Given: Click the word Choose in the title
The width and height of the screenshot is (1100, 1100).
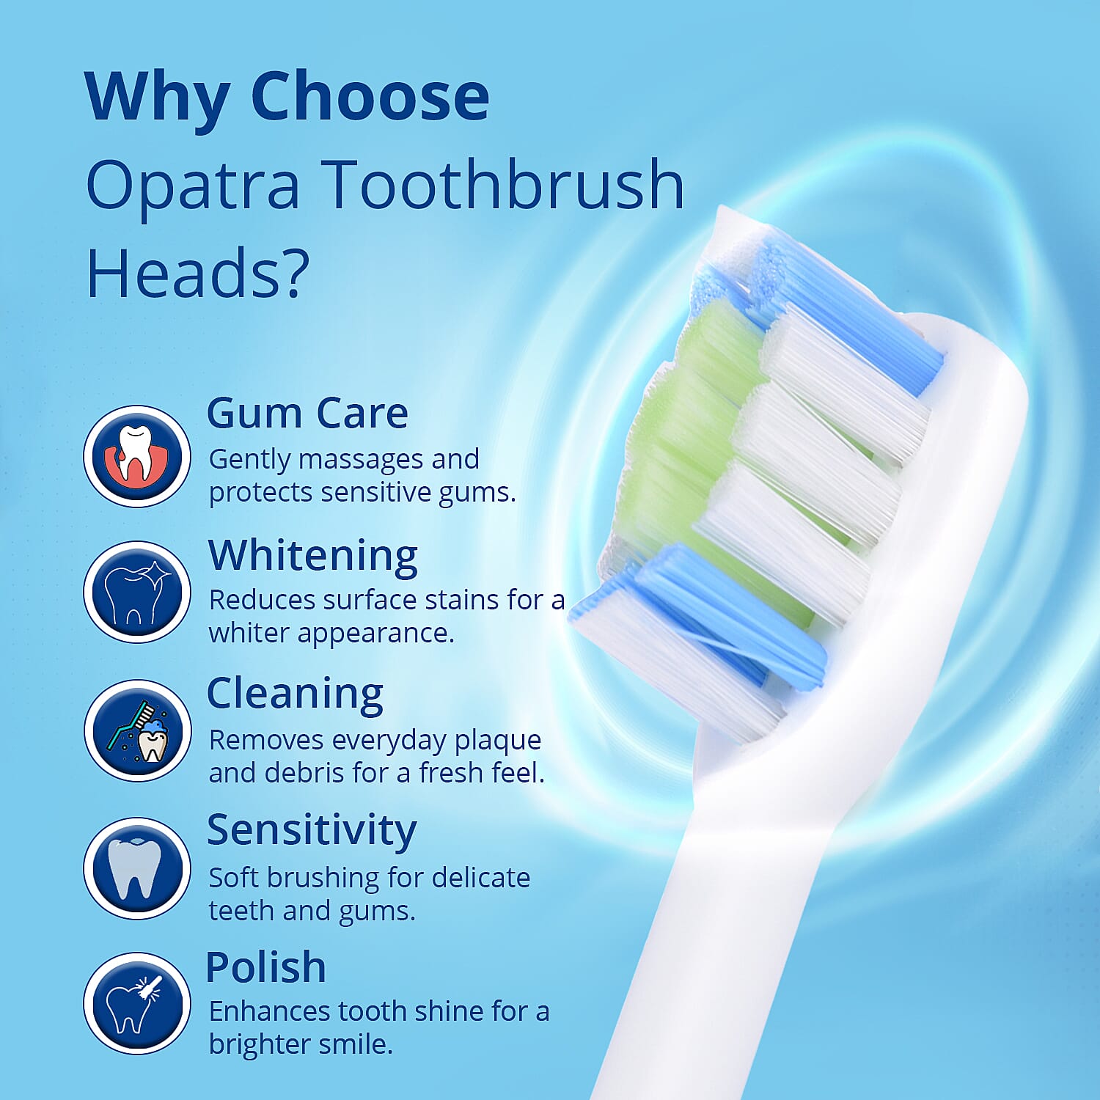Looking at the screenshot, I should point(370,97).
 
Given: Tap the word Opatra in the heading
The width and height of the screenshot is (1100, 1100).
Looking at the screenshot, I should point(193,185).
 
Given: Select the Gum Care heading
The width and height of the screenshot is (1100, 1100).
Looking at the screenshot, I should point(307,413).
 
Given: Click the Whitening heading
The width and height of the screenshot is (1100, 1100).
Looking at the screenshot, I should point(313,555).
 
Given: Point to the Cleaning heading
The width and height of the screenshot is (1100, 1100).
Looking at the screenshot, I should point(295,693).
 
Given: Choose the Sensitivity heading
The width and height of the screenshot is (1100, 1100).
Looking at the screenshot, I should point(312,830).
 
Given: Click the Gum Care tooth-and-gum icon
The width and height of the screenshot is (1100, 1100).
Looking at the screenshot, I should point(137,455).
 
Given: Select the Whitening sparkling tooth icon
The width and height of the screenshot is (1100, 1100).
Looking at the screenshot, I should point(137,592).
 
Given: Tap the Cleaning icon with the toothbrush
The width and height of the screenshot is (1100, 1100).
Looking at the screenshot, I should point(137,730).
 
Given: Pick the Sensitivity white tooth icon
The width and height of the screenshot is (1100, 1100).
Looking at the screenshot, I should point(137,868).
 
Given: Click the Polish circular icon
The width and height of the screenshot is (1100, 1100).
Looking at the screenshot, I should point(137,1003).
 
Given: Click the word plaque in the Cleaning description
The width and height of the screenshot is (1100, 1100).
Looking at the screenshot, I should point(498,741).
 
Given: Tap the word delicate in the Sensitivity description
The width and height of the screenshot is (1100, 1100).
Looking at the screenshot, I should point(481,877).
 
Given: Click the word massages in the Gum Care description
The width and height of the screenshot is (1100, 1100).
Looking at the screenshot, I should point(361,460).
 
